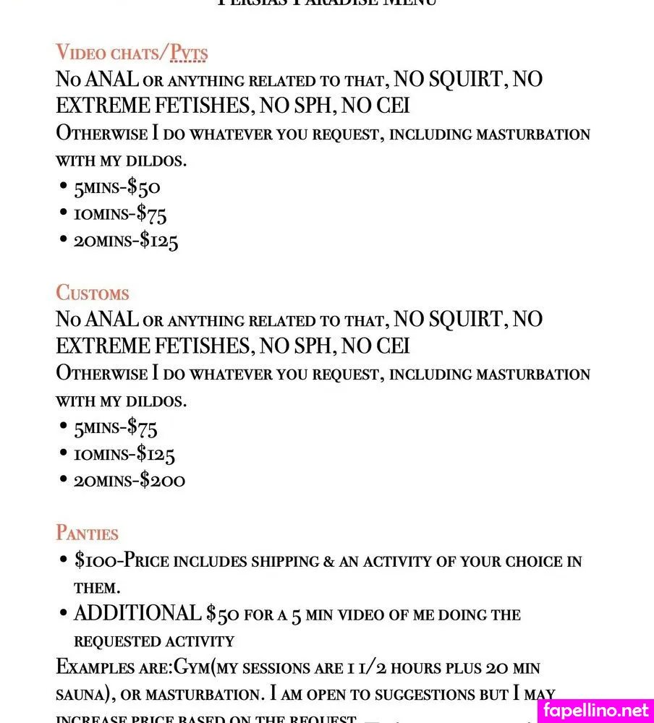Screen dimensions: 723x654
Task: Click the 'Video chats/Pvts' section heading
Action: [x=132, y=53]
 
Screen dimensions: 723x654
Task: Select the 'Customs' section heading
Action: [x=93, y=293]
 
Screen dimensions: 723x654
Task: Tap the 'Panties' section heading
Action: [x=87, y=534]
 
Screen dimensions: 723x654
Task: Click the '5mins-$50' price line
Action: [x=117, y=188]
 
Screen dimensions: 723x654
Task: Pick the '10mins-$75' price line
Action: [x=120, y=214]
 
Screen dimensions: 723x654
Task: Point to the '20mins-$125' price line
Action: [x=126, y=240]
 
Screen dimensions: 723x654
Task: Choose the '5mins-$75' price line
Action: [x=116, y=428]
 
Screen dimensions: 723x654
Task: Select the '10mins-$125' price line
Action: [x=124, y=454]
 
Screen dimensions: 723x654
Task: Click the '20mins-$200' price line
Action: [x=129, y=480]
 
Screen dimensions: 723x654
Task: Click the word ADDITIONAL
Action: [x=137, y=614]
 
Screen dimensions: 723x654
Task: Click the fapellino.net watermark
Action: [x=596, y=710]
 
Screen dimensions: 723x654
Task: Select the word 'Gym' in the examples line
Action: [x=190, y=667]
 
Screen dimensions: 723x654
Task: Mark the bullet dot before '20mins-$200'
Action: [x=64, y=479]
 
